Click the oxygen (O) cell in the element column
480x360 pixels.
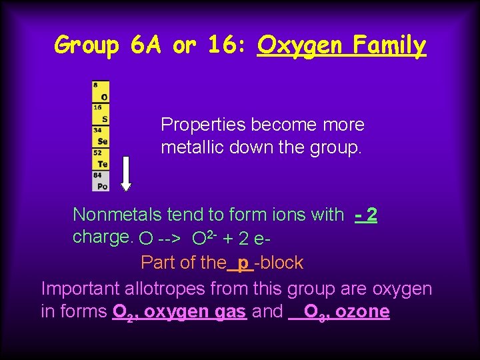pyautogui.click(x=101, y=92)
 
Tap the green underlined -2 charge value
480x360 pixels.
pyautogui.click(x=367, y=215)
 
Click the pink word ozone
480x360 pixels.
pyautogui.click(x=363, y=311)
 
